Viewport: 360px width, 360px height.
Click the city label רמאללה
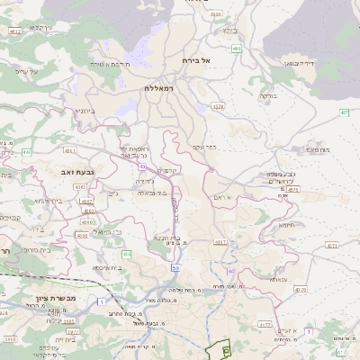pyautogui.click(x=163, y=88)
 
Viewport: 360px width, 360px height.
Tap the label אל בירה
pyautogui.click(x=194, y=60)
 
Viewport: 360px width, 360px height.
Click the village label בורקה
pyautogui.click(x=268, y=94)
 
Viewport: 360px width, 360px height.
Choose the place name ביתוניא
pyautogui.click(x=86, y=111)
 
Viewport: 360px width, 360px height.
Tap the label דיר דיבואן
pyautogui.click(x=299, y=64)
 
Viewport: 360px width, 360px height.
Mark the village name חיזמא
pyautogui.click(x=288, y=226)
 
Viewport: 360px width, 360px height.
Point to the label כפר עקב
pyautogui.click(x=204, y=147)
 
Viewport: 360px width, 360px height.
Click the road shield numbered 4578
pyautogui.click(x=218, y=106)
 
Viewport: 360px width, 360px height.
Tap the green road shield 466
pyautogui.click(x=236, y=48)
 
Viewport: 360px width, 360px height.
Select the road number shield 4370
pyautogui.click(x=301, y=290)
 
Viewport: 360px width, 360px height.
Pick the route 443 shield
pyautogui.click(x=26, y=152)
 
